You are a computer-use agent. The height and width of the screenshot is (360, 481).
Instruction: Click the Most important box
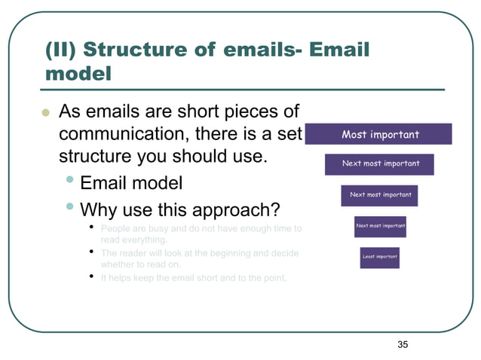coord(380,135)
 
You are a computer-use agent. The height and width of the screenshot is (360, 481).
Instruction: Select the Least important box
coord(379,257)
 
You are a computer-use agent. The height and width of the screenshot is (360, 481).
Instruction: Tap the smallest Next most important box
coord(380,225)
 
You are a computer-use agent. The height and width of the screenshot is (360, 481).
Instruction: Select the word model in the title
coord(78,75)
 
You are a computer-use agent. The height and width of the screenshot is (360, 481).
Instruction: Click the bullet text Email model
coord(130,184)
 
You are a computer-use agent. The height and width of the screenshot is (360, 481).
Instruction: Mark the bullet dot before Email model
coord(69,181)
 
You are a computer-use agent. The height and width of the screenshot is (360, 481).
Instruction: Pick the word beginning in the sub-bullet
coord(230,253)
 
